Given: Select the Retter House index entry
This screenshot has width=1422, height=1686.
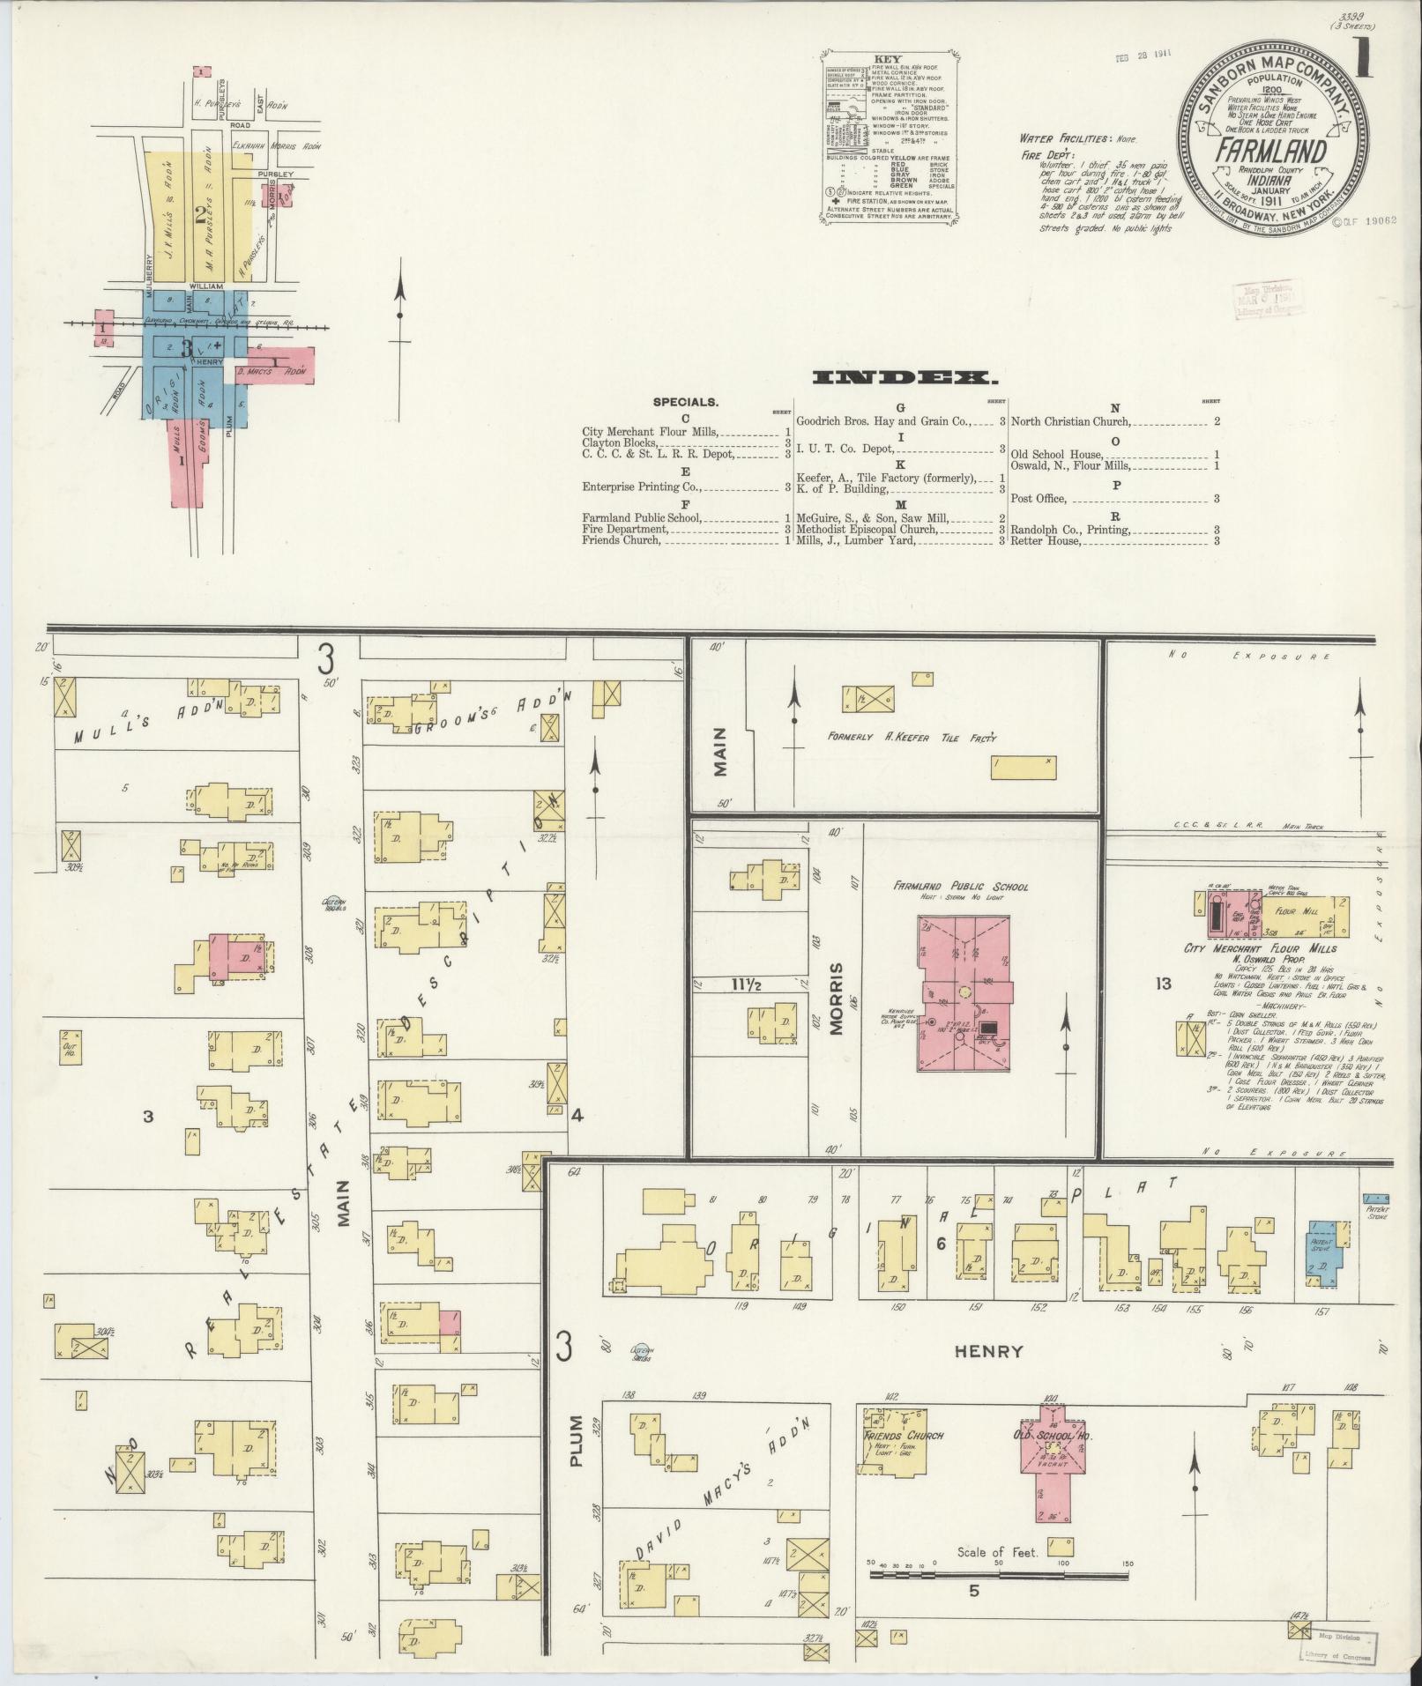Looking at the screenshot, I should [x=1046, y=540].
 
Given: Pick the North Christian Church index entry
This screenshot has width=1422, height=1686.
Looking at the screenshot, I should [x=1070, y=421].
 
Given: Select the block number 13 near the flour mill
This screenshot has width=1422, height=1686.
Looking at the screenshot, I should [x=1163, y=984].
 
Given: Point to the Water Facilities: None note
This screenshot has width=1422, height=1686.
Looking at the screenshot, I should [x=1078, y=139].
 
